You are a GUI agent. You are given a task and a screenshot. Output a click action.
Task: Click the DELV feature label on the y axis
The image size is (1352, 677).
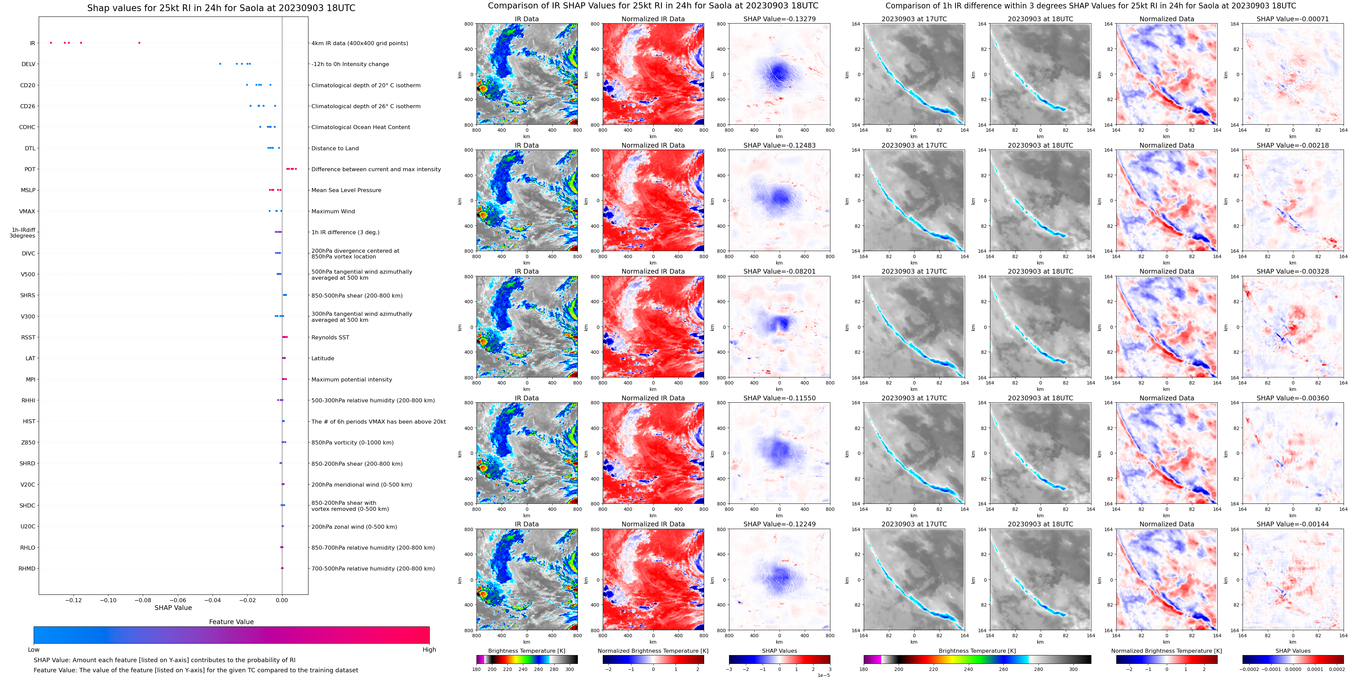28,64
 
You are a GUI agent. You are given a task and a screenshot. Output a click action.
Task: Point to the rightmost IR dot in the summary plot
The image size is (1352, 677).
139,42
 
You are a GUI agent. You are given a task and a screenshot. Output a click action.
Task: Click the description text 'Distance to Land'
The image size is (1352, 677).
335,148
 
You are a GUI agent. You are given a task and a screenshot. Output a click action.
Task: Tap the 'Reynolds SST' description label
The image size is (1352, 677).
330,337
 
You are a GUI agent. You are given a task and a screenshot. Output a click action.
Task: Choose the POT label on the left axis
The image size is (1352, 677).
30,169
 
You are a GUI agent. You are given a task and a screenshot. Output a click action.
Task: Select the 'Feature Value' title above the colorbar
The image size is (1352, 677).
231,621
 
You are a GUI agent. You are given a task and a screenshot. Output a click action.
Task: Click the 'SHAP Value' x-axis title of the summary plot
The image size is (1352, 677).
173,608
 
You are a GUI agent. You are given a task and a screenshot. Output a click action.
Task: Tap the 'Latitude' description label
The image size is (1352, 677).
323,358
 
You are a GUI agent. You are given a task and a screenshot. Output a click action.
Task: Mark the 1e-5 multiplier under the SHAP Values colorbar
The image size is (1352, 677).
823,675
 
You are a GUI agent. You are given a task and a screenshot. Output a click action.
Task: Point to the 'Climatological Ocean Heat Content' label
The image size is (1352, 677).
361,127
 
